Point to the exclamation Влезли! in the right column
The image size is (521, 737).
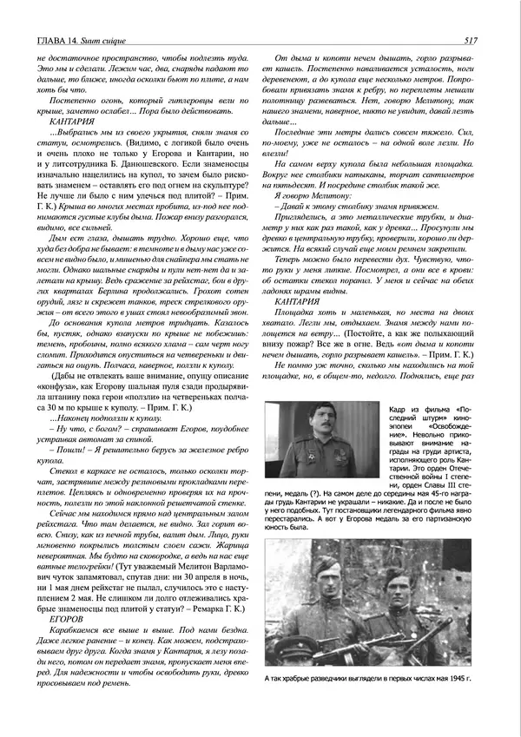point(287,150)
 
